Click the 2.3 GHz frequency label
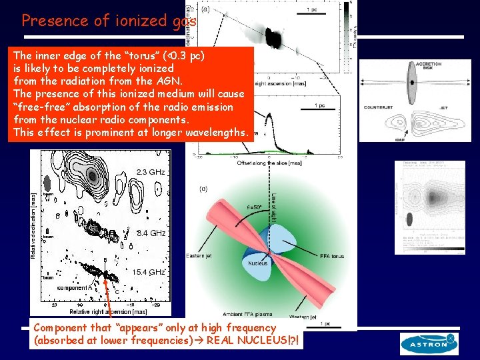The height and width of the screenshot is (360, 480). tap(150, 172)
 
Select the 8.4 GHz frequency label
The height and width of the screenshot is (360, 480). tap(150, 233)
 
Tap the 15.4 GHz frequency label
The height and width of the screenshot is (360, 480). tap(148, 272)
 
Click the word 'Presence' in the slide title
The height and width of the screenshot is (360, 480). tap(53, 21)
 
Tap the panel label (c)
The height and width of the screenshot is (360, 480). tap(203, 189)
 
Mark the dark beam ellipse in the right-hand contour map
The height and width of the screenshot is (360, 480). tap(408, 219)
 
